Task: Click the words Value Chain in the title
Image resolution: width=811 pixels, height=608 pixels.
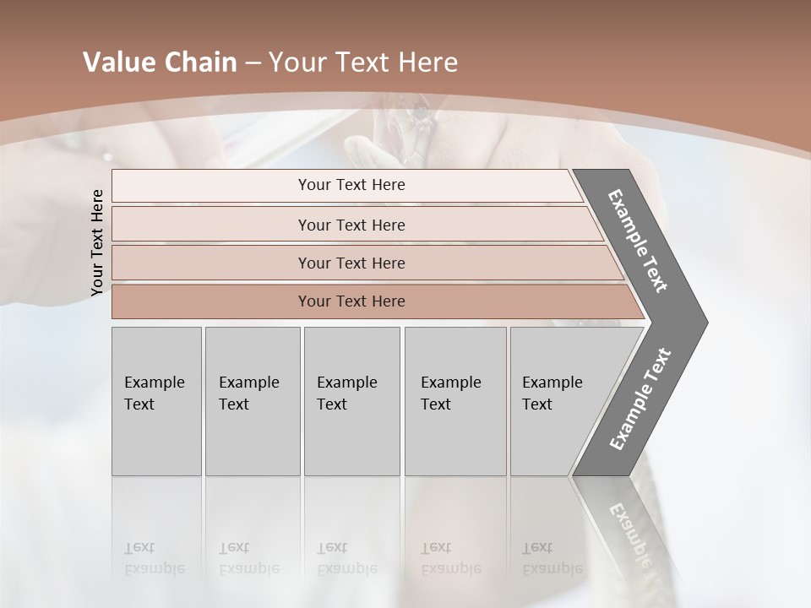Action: (x=160, y=62)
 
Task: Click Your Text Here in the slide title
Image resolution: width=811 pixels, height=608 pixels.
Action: (x=362, y=62)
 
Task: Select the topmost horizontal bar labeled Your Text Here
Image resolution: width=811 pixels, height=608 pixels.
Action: (x=351, y=185)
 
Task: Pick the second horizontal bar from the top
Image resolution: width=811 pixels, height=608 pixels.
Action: (x=351, y=225)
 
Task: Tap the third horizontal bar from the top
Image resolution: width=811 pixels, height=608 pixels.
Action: (x=351, y=263)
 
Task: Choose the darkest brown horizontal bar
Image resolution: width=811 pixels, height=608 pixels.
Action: (x=351, y=301)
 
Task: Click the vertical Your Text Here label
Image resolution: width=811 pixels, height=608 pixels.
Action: (x=97, y=242)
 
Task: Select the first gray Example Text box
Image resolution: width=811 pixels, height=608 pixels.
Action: (x=156, y=400)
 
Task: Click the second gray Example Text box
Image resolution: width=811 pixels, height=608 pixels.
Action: (x=252, y=400)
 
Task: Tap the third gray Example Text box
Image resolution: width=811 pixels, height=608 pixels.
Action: (x=351, y=400)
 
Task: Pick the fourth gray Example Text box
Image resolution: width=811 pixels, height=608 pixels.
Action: (x=454, y=400)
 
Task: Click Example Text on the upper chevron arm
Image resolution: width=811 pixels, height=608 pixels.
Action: (x=638, y=241)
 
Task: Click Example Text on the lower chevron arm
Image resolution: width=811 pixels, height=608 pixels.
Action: (x=640, y=399)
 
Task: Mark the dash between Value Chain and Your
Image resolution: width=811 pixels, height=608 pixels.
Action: (x=253, y=63)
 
